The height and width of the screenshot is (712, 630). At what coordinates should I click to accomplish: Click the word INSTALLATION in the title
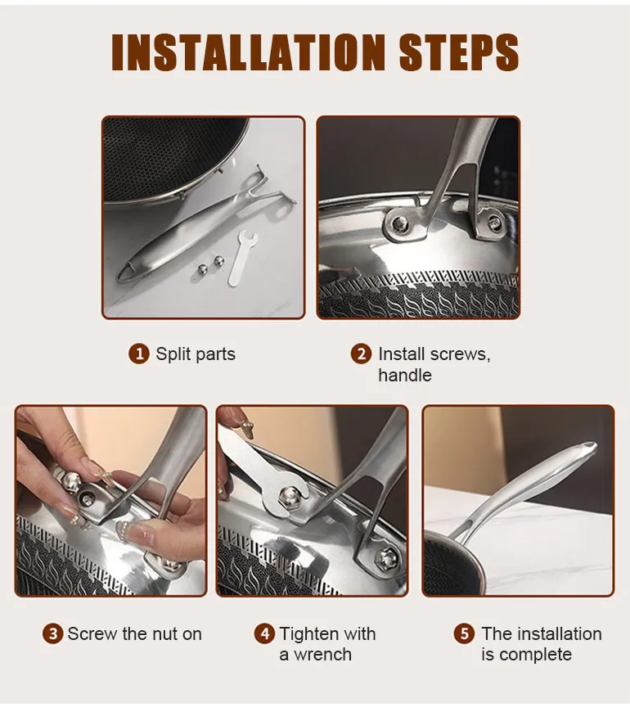248,52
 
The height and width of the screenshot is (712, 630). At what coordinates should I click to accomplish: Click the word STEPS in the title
459,52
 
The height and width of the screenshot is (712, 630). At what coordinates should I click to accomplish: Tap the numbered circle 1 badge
139,354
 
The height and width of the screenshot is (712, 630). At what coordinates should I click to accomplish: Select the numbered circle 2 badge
362,354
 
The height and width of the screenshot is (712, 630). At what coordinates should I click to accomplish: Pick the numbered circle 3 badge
52,634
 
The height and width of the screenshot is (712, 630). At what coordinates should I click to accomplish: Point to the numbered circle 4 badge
264,634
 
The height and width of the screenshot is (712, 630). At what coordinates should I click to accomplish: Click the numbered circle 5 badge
464,634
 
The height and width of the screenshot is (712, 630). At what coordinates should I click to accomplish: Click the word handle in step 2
405,376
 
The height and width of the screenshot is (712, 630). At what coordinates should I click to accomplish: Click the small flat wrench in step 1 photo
241,259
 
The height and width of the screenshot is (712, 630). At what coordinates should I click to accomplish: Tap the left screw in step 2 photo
400,223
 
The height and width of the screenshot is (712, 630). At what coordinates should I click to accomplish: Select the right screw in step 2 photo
495,223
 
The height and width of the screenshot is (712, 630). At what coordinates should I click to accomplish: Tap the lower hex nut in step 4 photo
387,558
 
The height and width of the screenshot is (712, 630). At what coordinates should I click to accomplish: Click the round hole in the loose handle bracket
282,210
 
